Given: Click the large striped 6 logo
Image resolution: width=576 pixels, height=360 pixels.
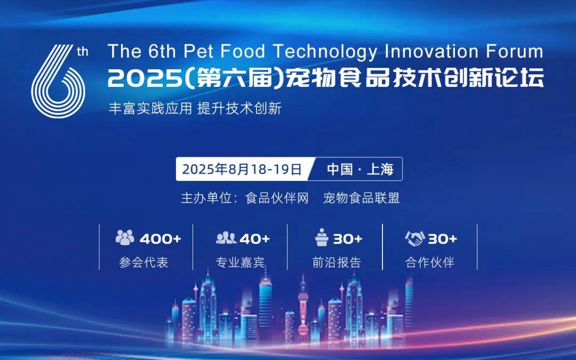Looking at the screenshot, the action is click(58, 82).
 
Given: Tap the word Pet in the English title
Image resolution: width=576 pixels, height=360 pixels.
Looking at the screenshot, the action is click(198, 51).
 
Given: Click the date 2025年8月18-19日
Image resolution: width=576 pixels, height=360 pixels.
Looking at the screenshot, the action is click(242, 170).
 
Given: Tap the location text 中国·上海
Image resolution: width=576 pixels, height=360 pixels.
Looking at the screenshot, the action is click(360, 170).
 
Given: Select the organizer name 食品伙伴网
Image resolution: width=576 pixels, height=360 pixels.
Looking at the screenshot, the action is click(277, 198).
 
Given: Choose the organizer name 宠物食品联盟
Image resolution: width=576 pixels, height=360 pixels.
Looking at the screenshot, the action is click(361, 198).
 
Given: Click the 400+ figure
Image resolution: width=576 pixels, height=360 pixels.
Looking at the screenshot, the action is click(161, 239).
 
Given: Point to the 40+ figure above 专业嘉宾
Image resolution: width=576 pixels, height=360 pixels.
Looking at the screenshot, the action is click(254, 239).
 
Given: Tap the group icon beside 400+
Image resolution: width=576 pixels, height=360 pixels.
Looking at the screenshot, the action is click(125, 237).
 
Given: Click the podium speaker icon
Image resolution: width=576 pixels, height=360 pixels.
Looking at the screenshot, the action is click(322, 237).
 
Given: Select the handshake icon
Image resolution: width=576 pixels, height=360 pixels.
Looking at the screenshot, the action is click(415, 238).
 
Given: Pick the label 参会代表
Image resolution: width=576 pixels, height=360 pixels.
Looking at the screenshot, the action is click(143, 262).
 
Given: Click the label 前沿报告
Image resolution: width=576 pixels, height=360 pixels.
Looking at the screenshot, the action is click(337, 262).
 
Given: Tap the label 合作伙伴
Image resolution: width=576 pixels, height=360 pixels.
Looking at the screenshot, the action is click(430, 262).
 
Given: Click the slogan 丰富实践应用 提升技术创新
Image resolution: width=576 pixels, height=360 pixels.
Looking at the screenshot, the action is click(195, 109).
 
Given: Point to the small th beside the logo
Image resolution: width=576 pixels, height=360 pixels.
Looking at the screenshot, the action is click(83, 52).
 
